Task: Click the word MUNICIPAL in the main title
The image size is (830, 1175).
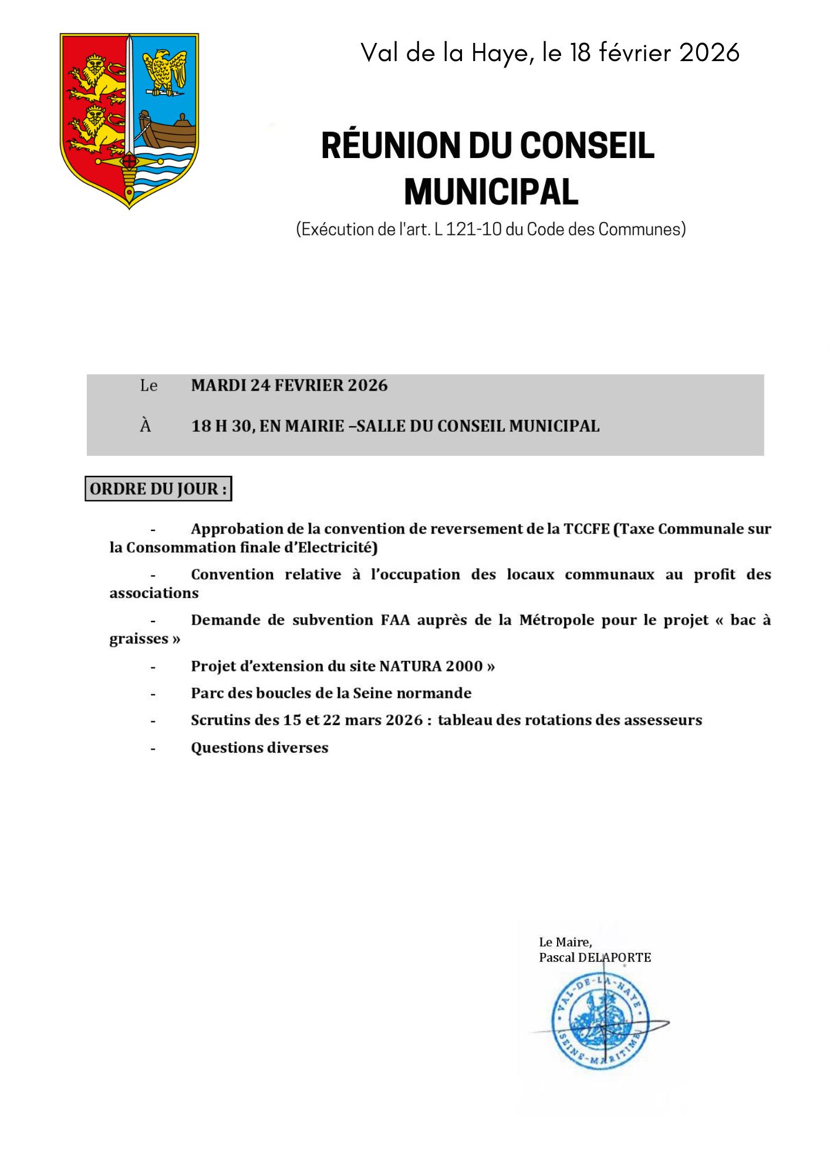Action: [x=491, y=192]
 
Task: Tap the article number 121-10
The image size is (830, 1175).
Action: [x=474, y=229]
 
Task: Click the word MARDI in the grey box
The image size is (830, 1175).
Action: [x=219, y=385]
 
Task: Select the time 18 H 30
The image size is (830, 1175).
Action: [x=221, y=426]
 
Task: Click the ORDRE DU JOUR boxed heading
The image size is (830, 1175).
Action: [x=158, y=489]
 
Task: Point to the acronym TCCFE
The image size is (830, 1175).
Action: [x=586, y=529]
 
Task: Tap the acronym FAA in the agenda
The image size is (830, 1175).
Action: [x=395, y=620]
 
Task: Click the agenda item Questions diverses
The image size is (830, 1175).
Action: [x=259, y=748]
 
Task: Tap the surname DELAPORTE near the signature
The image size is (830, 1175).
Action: [x=615, y=958]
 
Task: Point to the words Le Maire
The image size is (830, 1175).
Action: [x=565, y=942]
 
